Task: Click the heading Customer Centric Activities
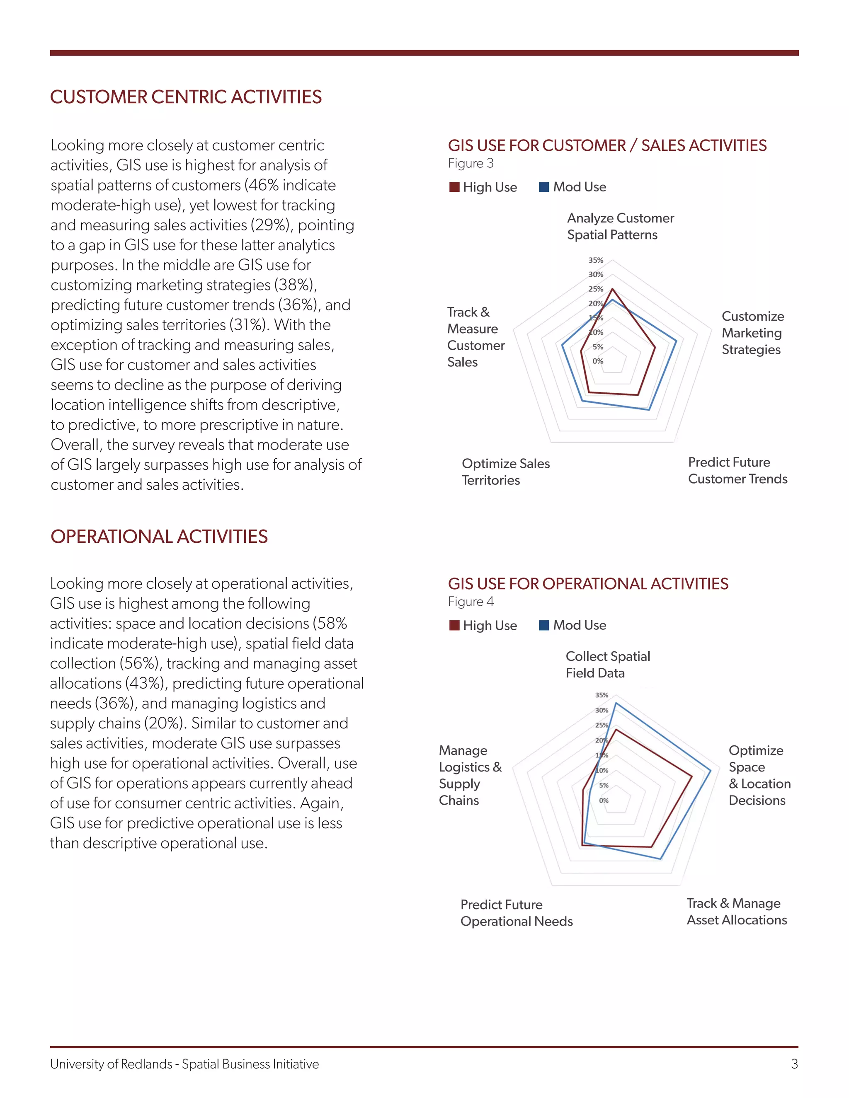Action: [x=186, y=97]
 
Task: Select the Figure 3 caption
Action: [x=471, y=163]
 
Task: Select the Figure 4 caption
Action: [x=471, y=602]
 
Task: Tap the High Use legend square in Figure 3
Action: [x=454, y=187]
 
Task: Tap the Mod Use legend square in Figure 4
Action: [x=544, y=625]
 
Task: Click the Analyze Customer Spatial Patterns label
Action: [x=620, y=226]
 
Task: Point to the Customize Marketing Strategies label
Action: [x=752, y=333]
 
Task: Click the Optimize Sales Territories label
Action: [x=505, y=472]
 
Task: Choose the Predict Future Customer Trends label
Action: [x=737, y=471]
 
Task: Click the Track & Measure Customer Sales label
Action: [x=475, y=337]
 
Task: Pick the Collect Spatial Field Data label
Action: [x=608, y=665]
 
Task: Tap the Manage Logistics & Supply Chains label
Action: [x=470, y=775]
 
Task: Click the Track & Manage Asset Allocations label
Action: [x=736, y=912]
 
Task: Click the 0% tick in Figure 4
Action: [x=604, y=801]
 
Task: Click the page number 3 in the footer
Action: [x=794, y=1064]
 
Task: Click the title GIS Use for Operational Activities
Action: [x=588, y=584]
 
